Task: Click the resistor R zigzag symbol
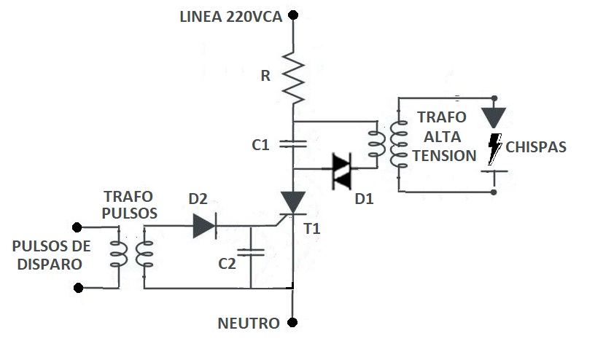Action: tap(293, 78)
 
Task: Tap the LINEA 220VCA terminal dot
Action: tap(293, 15)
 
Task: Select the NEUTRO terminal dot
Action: tap(292, 322)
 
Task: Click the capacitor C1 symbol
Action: tap(293, 144)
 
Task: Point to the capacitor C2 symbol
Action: tap(251, 252)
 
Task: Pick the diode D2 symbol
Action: tap(204, 226)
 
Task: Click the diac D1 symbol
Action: tap(341, 171)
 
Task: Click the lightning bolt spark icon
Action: tap(494, 149)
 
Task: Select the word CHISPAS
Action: tap(536, 147)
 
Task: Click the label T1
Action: tap(312, 229)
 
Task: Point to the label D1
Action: tap(364, 199)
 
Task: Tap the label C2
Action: tap(227, 264)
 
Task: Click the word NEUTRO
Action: tap(249, 324)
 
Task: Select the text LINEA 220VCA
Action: tap(231, 17)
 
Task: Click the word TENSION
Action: tap(444, 156)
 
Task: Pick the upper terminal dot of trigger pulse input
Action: tap(77, 227)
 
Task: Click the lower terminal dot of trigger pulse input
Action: tap(78, 288)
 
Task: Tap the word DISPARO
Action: tap(50, 265)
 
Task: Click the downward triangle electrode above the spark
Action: tap(494, 117)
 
